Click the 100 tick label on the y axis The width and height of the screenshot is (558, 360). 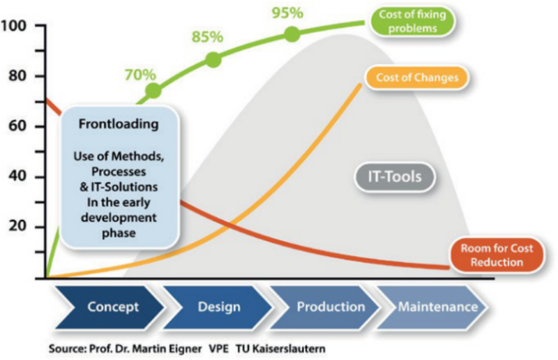(13, 26)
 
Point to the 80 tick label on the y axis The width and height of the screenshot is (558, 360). (17, 76)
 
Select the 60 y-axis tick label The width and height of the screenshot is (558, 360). (17, 126)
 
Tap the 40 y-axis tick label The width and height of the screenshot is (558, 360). (17, 177)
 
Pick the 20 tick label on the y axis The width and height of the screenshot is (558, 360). (17, 226)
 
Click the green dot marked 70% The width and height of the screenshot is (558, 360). (153, 91)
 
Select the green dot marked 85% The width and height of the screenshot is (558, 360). (213, 60)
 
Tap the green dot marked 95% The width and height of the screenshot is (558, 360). (292, 34)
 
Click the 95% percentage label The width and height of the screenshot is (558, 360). (287, 13)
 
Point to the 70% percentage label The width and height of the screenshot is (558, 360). (140, 75)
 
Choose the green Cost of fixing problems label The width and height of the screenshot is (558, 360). (412, 22)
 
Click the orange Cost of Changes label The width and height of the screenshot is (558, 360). (417, 77)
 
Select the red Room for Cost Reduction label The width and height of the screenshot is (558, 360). (497, 255)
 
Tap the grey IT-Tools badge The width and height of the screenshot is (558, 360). (395, 177)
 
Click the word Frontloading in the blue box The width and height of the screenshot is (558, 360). (119, 124)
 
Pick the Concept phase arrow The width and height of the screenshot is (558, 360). (110, 307)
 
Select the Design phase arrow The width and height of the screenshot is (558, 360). (218, 307)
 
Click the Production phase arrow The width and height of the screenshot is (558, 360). (325, 307)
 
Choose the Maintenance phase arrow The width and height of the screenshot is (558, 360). (433, 307)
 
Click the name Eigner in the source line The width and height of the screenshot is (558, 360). (185, 349)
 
